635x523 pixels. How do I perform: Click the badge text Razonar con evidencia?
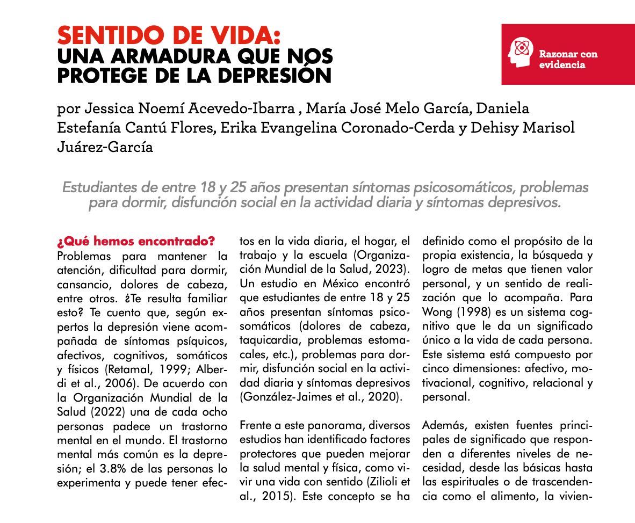coord(568,59)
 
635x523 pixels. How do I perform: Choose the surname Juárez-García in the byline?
coord(105,147)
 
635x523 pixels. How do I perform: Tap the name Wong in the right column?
coord(438,311)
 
